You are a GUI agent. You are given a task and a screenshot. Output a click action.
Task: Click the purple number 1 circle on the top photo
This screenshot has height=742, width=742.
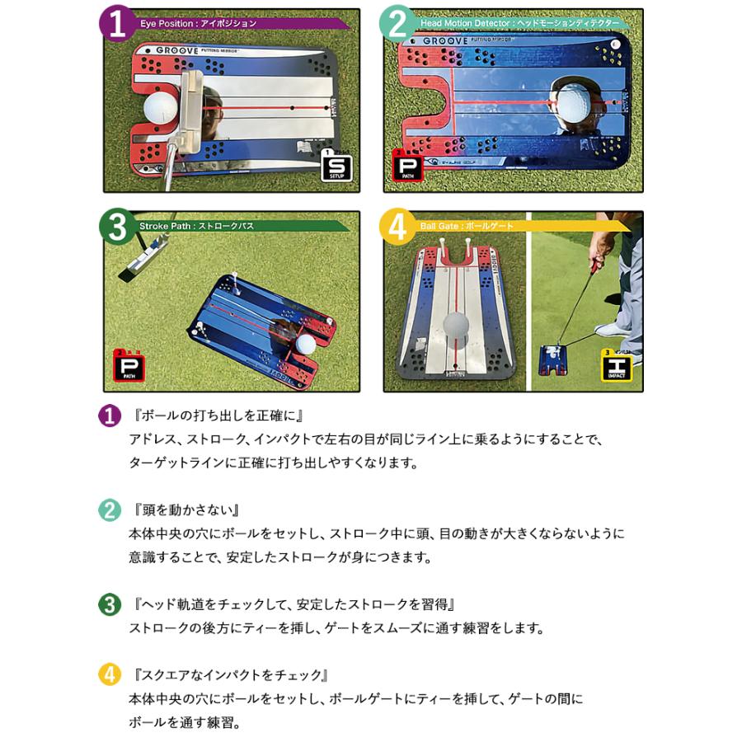click(x=118, y=24)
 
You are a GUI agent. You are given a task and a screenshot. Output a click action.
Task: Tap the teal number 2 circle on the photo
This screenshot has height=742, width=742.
click(x=398, y=25)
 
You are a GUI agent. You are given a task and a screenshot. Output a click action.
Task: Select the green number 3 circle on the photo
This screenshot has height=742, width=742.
click(x=118, y=226)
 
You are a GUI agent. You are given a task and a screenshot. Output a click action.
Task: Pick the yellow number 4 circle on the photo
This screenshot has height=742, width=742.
click(x=398, y=227)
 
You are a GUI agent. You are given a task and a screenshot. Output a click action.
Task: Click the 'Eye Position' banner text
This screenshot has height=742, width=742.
click(x=199, y=24)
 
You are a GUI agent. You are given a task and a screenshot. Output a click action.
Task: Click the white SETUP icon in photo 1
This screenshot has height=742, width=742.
click(x=336, y=166)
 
